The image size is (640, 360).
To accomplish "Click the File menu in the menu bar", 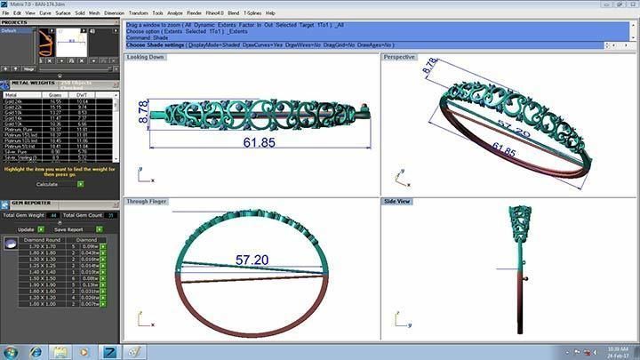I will coord(6,13).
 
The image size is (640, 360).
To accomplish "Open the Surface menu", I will coord(62,13).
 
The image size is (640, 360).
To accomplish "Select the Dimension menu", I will coord(114,13).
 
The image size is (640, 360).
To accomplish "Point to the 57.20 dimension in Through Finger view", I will coord(252,260).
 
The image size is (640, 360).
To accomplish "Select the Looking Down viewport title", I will coord(147,57).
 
